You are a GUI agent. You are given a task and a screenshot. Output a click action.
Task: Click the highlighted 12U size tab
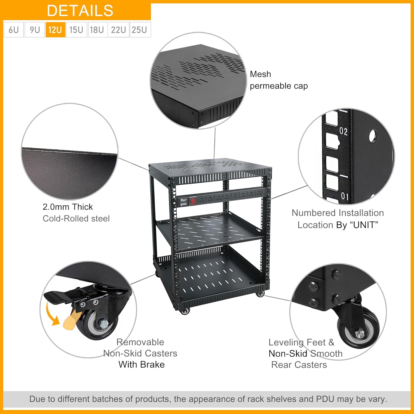tap(55, 30)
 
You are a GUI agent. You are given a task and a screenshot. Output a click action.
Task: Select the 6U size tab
tap(14, 30)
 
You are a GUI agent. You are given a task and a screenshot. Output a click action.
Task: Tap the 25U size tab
tap(139, 30)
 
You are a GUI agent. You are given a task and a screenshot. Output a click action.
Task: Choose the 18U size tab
tap(97, 30)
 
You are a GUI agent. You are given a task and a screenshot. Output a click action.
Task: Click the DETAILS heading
tap(80, 11)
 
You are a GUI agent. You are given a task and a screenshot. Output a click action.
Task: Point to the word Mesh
tap(260, 74)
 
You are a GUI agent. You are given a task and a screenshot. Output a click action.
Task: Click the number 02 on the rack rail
tap(343, 131)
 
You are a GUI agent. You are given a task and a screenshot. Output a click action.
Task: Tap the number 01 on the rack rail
tap(344, 196)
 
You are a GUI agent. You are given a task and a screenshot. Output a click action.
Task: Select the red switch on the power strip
tap(192, 201)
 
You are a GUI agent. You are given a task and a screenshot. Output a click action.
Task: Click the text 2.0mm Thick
tap(68, 207)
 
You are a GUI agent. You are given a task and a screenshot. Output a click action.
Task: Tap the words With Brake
tap(142, 365)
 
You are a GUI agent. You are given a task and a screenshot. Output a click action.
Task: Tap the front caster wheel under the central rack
tap(185, 311)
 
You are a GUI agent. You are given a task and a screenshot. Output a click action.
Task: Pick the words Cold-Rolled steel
tap(76, 219)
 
